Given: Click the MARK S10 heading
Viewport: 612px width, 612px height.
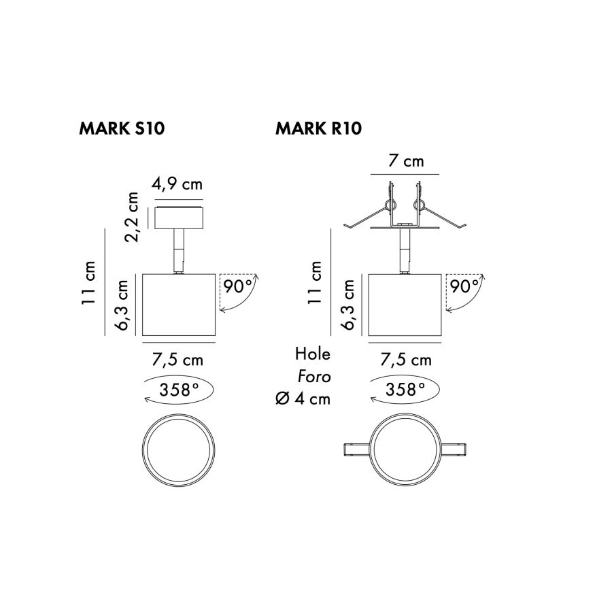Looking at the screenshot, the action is click(x=122, y=129).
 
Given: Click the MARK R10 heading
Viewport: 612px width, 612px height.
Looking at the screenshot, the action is click(x=318, y=129).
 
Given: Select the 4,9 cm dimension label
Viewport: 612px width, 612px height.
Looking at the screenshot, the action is click(x=177, y=184).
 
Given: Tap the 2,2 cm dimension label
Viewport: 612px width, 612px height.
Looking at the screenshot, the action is click(x=131, y=217).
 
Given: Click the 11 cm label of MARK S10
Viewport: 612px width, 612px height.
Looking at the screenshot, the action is click(x=89, y=283).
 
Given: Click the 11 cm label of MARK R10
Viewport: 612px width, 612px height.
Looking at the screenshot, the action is click(x=315, y=283).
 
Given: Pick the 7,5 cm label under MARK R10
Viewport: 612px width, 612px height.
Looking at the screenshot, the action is click(x=406, y=360).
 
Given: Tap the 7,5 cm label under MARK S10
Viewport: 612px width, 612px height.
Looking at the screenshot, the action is click(x=177, y=360).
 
